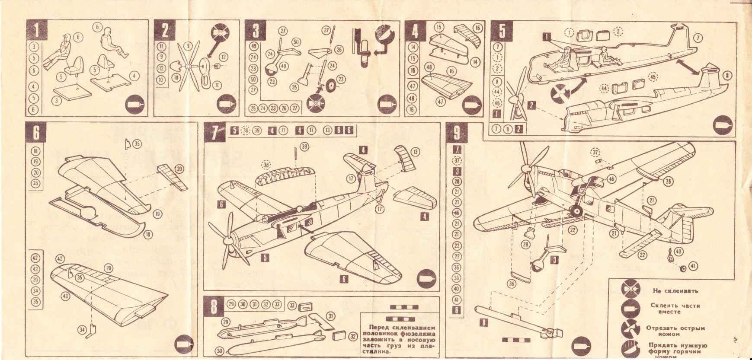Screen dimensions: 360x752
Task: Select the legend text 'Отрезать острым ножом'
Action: [675, 331]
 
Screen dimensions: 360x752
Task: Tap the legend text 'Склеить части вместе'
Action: [675, 308]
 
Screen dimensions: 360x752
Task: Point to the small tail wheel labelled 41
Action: [683, 269]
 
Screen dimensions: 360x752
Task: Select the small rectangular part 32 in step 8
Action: [339, 335]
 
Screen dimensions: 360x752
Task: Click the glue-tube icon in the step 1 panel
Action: [135, 104]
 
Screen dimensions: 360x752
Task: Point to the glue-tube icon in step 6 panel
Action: [186, 344]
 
